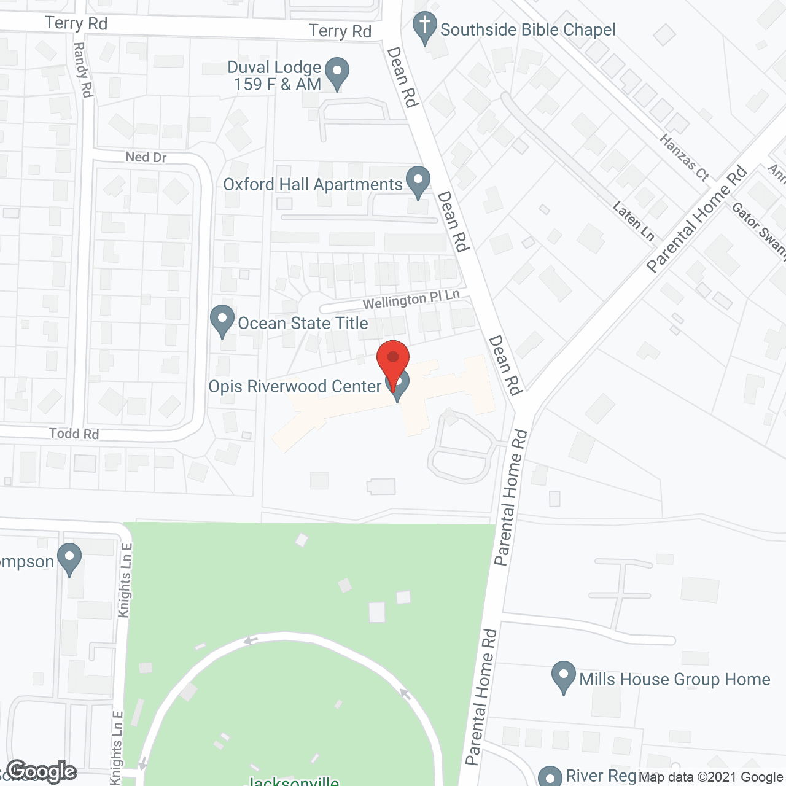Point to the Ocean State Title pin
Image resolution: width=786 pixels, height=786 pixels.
pyautogui.click(x=222, y=320)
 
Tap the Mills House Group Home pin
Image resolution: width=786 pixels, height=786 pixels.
pyautogui.click(x=563, y=676)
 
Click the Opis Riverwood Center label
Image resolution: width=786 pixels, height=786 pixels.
pyautogui.click(x=295, y=386)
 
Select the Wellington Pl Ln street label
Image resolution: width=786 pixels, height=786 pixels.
pyautogui.click(x=411, y=300)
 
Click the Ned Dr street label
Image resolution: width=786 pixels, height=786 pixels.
pyautogui.click(x=146, y=157)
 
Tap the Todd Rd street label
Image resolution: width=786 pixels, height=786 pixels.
pyautogui.click(x=74, y=434)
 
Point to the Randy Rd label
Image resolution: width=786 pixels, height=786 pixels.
pyautogui.click(x=83, y=69)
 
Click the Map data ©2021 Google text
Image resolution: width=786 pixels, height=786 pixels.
pyautogui.click(x=710, y=777)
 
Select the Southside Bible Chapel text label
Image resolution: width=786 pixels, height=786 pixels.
pyautogui.click(x=527, y=29)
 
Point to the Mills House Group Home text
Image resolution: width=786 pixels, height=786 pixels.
pyautogui.click(x=674, y=679)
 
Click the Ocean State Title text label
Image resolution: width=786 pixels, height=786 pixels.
pyautogui.click(x=303, y=323)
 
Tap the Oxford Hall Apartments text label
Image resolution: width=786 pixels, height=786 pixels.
pyautogui.click(x=313, y=184)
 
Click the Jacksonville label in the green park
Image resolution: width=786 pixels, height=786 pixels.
pyautogui.click(x=292, y=781)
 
